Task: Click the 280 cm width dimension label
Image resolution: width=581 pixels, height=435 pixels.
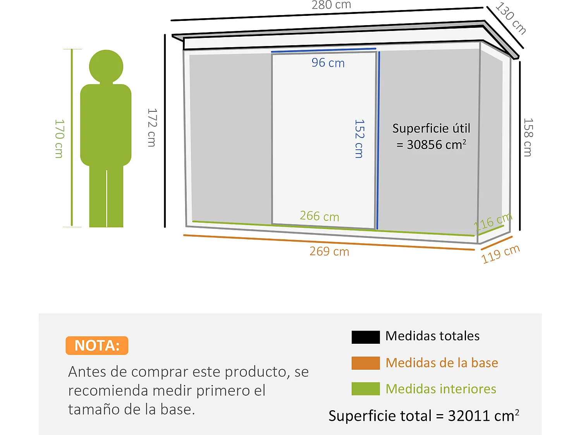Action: [x=331, y=5]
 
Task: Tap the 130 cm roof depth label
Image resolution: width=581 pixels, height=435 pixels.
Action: [x=511, y=18]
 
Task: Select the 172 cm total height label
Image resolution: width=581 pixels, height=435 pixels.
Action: [x=152, y=128]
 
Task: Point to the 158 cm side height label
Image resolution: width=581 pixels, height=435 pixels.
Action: [x=528, y=137]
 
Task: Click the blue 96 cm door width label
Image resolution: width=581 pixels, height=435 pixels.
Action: [x=328, y=63]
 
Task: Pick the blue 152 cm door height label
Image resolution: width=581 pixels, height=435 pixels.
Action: [x=359, y=138]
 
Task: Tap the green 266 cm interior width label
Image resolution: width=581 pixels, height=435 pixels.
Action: [x=319, y=216]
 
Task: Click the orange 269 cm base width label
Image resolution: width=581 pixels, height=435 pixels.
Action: [x=329, y=252]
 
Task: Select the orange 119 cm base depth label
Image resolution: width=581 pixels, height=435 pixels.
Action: [x=500, y=254]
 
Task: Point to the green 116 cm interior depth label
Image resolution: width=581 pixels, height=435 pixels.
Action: [x=493, y=222]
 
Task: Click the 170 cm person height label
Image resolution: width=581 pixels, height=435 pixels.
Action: [x=59, y=138]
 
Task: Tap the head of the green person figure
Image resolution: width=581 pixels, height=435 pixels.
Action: [x=106, y=66]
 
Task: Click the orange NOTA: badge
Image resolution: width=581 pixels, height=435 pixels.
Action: [x=97, y=345]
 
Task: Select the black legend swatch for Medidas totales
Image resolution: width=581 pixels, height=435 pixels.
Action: [x=365, y=337]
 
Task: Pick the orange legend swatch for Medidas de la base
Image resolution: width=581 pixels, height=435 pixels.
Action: [x=365, y=363]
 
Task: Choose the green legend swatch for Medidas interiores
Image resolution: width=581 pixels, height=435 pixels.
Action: [x=365, y=389]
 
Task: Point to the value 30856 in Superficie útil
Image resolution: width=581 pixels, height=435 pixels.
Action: [x=424, y=145]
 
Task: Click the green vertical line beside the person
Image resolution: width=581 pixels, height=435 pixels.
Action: [x=72, y=137]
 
